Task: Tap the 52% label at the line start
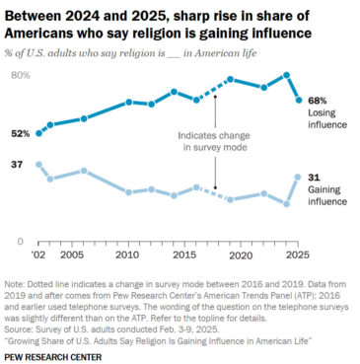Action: click(20, 133)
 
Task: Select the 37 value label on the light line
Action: click(17, 164)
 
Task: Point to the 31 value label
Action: click(315, 177)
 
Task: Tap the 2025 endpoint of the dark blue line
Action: click(298, 101)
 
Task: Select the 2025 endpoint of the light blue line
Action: click(298, 177)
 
